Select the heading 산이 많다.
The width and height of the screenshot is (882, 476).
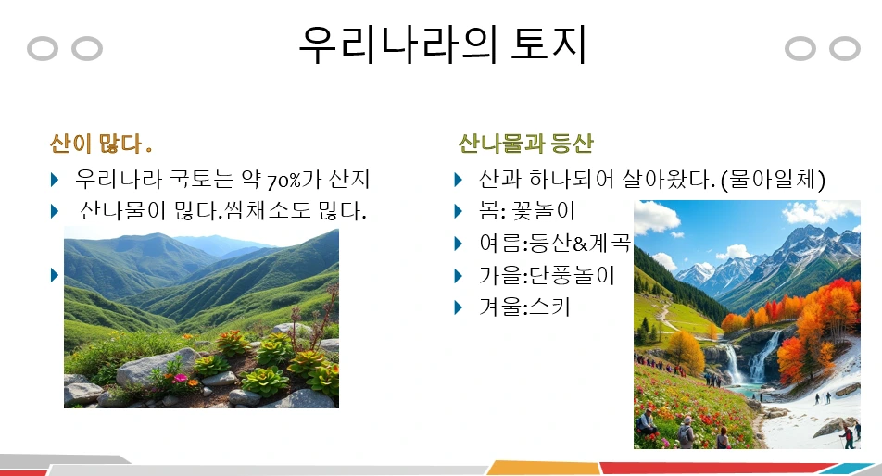coord(101,144)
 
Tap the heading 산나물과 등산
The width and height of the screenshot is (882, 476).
coord(526,144)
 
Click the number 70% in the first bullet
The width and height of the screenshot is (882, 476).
coord(284,181)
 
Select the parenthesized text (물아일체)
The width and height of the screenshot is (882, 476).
coord(773,180)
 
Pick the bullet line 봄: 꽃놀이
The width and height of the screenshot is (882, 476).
coord(527,211)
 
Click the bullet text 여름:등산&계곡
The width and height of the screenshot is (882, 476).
coord(555,244)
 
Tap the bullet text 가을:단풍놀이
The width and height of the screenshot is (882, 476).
coord(547,275)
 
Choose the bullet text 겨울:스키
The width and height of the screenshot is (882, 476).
coord(524,307)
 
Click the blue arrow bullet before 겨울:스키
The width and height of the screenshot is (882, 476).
coord(458,307)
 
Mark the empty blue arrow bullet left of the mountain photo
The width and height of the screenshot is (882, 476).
coord(55,275)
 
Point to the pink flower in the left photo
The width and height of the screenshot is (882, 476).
coord(180,378)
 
